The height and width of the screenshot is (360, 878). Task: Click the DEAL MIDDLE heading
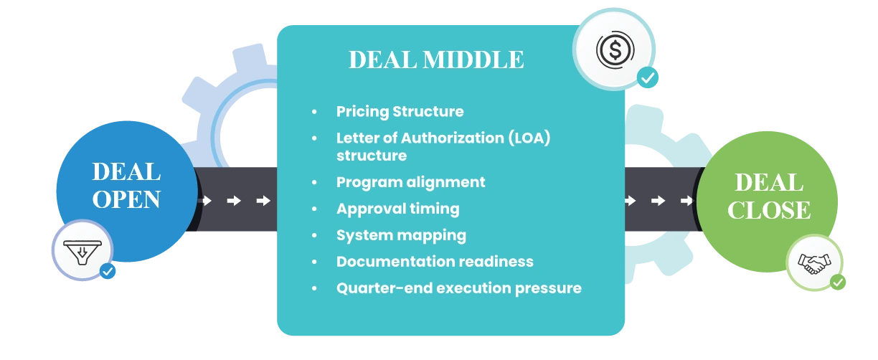435,60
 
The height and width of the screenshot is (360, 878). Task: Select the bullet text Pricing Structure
400,112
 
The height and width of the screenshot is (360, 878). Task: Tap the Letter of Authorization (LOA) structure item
443,146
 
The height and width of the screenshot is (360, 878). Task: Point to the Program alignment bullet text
410,182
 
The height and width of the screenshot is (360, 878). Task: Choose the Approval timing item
397,209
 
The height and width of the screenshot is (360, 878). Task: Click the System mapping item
401,235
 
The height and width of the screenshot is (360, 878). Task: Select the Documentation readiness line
435,262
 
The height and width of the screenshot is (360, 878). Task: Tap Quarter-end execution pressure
458,288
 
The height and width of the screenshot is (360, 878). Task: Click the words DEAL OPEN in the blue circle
126,185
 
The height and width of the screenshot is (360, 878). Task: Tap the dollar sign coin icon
614,49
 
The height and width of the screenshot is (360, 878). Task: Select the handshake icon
813,263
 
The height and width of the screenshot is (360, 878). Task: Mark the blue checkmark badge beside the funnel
108,272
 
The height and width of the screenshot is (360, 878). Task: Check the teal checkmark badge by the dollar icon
648,77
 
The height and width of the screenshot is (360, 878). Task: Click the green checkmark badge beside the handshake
837,283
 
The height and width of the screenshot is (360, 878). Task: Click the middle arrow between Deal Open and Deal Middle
234,201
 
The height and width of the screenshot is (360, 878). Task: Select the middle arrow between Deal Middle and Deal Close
658,201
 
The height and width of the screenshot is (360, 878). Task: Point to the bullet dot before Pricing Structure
314,113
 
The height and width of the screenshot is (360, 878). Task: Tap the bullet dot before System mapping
314,236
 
